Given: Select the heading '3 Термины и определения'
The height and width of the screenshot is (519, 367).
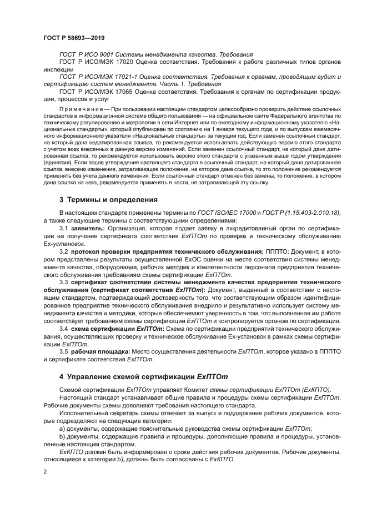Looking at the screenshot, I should pyautogui.click(x=108, y=199).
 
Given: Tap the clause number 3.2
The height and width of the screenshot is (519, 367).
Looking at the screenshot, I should pyautogui.click(x=64, y=252).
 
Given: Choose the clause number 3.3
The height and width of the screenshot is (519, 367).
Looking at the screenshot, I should pyautogui.click(x=64, y=283).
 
